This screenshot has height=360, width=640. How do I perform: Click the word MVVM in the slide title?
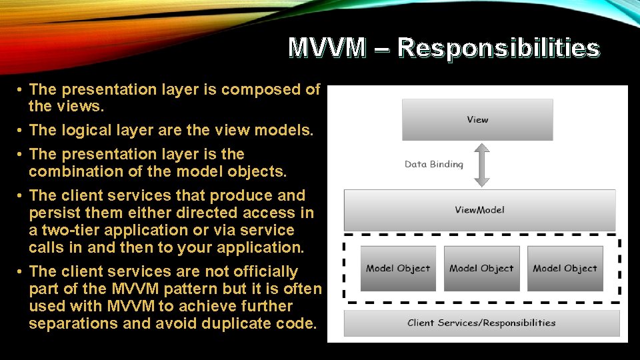[327, 48]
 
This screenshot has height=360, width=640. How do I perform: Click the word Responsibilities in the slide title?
[498, 48]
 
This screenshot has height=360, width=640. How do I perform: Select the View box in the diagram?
[477, 119]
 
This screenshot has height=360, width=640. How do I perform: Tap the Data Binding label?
[433, 164]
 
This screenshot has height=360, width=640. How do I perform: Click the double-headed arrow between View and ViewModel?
[482, 165]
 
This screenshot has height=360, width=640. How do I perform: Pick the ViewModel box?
[479, 210]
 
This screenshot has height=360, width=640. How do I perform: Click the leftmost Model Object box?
[398, 268]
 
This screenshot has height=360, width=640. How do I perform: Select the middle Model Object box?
[481, 268]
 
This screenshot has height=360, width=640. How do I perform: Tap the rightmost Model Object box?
[565, 268]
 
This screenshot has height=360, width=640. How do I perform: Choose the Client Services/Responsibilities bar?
[481, 323]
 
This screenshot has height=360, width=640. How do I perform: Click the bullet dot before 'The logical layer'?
[21, 131]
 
